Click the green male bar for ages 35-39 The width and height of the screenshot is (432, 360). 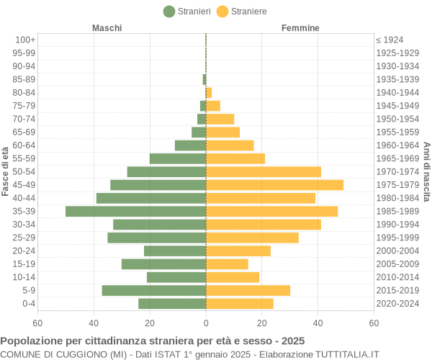(x=135, y=211)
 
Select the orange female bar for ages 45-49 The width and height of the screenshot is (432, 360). (x=274, y=185)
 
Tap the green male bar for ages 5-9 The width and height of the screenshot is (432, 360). (x=153, y=290)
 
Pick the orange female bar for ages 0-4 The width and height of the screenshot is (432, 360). (x=240, y=303)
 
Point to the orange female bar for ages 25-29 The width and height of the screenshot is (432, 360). (x=252, y=238)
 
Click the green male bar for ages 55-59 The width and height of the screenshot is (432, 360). (x=178, y=158)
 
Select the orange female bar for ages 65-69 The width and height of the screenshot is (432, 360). (x=222, y=132)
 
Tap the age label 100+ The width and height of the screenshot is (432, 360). (x=25, y=40)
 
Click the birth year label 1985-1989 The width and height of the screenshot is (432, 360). (x=397, y=211)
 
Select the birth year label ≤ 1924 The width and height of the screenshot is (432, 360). (x=390, y=40)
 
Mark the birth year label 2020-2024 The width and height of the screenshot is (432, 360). (x=397, y=303)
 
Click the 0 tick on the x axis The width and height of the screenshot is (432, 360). (x=206, y=323)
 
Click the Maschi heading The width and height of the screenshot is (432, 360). (x=107, y=27)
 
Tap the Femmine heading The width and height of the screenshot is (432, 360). (x=300, y=27)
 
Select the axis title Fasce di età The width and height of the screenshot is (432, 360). (x=6, y=171)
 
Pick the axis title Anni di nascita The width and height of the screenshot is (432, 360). (x=426, y=171)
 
